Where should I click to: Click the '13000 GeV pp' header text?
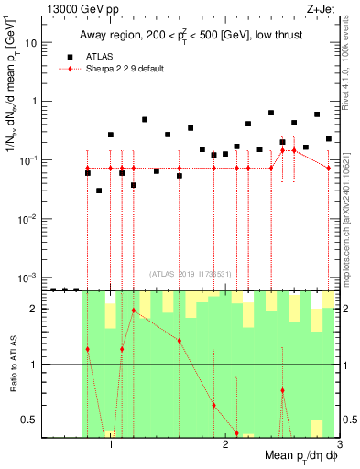[77, 8]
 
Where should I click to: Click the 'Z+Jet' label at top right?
[322, 8]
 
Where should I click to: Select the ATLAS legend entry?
[100, 56]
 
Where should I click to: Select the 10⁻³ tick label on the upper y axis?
[28, 277]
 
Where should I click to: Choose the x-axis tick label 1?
[111, 443]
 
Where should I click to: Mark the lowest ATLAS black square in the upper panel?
[99, 191]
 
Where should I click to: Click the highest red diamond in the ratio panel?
[134, 311]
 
